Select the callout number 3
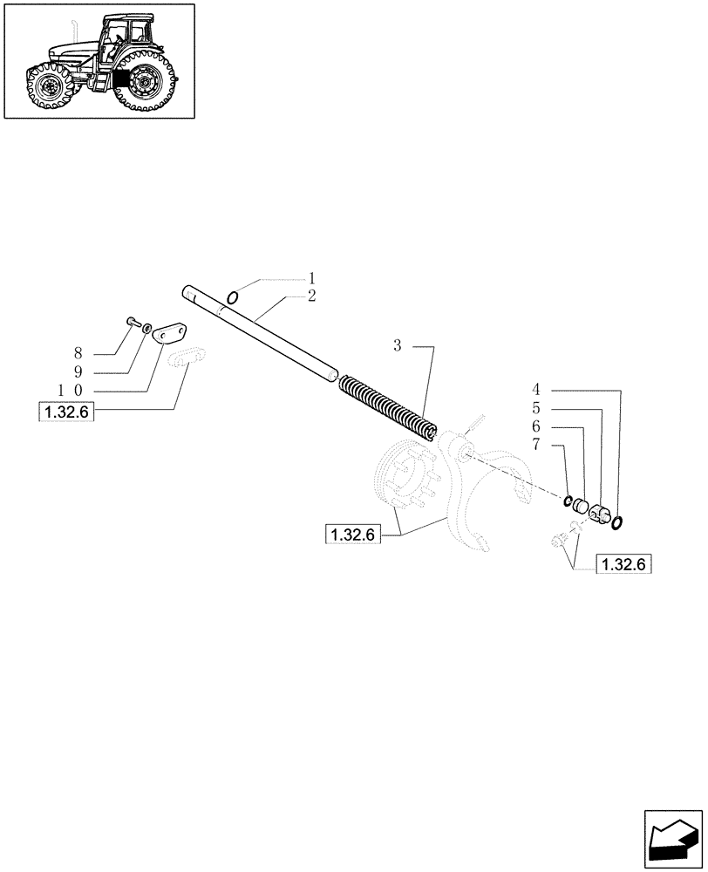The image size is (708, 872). [x=397, y=346]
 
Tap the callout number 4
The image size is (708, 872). [x=537, y=389]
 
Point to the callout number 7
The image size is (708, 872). [x=537, y=444]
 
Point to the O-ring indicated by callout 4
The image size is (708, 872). [x=617, y=521]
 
